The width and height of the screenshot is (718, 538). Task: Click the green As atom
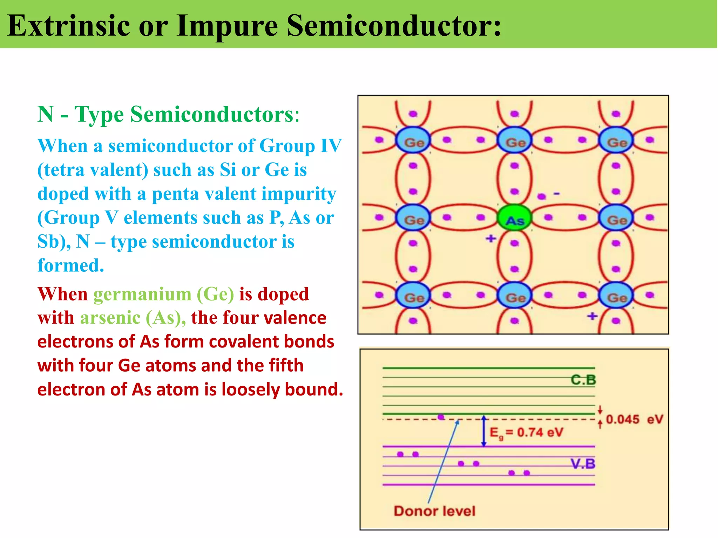point(514,218)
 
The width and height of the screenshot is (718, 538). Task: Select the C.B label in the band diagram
point(583,380)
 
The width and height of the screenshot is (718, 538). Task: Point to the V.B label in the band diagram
point(583,464)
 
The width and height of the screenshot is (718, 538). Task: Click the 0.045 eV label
point(634,419)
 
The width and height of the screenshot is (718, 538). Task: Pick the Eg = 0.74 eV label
point(526,433)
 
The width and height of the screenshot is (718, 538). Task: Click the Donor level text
point(434,511)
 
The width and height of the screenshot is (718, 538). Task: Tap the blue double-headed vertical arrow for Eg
point(484,432)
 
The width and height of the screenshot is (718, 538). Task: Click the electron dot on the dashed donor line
point(441,417)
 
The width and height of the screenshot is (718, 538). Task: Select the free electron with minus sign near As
point(542,196)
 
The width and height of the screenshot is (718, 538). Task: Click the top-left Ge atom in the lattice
point(413,140)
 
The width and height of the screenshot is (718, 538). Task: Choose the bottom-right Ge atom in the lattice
point(616,296)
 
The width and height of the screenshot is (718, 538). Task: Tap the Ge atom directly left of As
point(413,218)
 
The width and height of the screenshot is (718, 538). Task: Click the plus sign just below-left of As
point(491,239)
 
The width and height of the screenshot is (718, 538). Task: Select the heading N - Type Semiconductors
point(168,114)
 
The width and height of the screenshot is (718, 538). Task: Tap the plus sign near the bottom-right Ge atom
point(592,316)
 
